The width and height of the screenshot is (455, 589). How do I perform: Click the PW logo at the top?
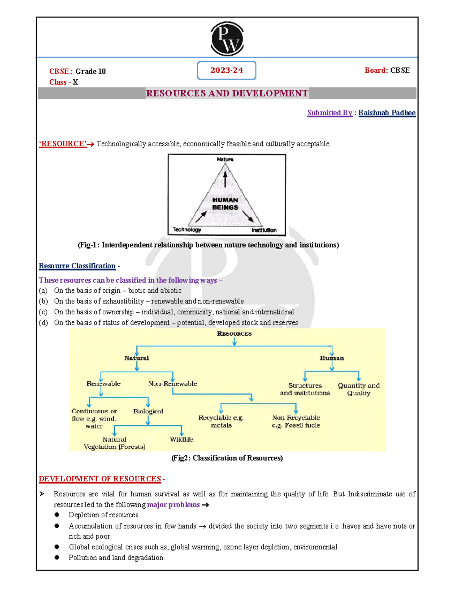tap(227, 39)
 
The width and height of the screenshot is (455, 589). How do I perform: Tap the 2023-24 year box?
tap(227, 71)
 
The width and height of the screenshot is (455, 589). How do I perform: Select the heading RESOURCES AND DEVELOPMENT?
tap(227, 93)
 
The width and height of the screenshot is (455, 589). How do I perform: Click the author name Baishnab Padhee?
tap(387, 113)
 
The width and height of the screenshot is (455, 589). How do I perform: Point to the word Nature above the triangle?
tap(225, 159)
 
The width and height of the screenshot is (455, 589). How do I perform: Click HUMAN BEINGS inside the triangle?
tap(225, 204)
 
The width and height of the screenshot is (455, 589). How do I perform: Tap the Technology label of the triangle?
tap(187, 229)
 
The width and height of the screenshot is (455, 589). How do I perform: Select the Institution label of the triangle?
tap(264, 230)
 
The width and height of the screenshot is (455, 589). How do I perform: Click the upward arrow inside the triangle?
tap(225, 179)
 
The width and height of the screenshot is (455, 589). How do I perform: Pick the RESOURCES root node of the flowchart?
tap(234, 334)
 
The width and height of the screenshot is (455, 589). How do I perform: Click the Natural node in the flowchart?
tap(136, 358)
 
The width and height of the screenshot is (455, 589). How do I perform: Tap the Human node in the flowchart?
tap(332, 358)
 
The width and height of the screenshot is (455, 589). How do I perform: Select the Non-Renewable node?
tap(173, 384)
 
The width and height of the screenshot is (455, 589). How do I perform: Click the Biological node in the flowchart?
tap(148, 411)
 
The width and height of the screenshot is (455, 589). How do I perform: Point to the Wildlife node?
tap(182, 439)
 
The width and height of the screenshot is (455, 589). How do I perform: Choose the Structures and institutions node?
tap(305, 389)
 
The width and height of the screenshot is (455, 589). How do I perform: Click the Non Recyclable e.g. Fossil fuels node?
tap(296, 421)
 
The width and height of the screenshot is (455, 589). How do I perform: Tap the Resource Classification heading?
tap(77, 266)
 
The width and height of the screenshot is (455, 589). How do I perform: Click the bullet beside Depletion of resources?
tap(57, 515)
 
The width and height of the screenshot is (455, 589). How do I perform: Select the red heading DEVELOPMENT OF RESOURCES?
tap(100, 479)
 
